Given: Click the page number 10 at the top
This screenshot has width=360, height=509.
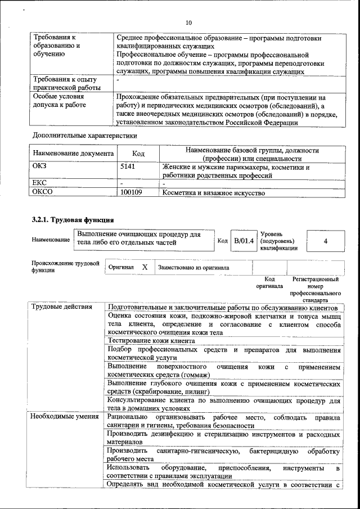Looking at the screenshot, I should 188,22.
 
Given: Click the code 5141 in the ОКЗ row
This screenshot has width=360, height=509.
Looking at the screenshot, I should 128,167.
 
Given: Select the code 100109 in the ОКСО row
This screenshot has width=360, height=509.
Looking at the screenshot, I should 131,193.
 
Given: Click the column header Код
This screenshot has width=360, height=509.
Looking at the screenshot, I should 138,154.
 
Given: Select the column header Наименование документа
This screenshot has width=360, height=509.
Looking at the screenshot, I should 73,154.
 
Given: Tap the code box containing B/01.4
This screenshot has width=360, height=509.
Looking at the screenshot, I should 244,241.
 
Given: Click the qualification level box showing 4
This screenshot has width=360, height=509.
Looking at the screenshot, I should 326,241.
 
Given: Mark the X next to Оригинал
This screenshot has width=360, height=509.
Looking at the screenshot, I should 145,267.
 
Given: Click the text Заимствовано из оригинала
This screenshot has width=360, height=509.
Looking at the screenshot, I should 193,268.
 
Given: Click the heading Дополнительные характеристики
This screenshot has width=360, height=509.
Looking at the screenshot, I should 84,136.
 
